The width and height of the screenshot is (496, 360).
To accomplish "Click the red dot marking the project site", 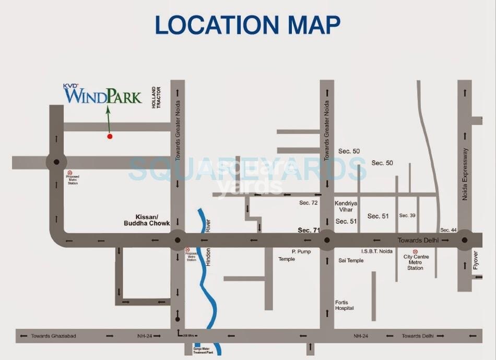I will (x=110, y=136).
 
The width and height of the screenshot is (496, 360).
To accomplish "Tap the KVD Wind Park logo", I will (x=103, y=95).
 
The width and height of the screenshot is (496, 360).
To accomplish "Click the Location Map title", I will (x=247, y=25).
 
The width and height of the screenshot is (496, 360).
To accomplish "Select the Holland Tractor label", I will (x=158, y=98).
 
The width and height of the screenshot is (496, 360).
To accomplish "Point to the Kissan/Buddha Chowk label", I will (x=139, y=220).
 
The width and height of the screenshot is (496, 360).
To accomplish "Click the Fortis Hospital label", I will (x=345, y=305).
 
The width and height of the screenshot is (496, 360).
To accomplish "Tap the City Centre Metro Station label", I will (x=416, y=262).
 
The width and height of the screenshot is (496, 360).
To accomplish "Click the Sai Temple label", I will (x=351, y=260).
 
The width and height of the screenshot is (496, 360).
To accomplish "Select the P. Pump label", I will (x=301, y=251).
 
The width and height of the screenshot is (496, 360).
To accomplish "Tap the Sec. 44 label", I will (x=448, y=230).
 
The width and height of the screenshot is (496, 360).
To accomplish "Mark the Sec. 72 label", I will (x=308, y=202).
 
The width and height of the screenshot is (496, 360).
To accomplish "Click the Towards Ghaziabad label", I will (x=53, y=336).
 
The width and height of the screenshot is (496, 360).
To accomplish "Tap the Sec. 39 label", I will (x=407, y=215).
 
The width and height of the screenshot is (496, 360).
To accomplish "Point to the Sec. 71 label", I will (x=309, y=230).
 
